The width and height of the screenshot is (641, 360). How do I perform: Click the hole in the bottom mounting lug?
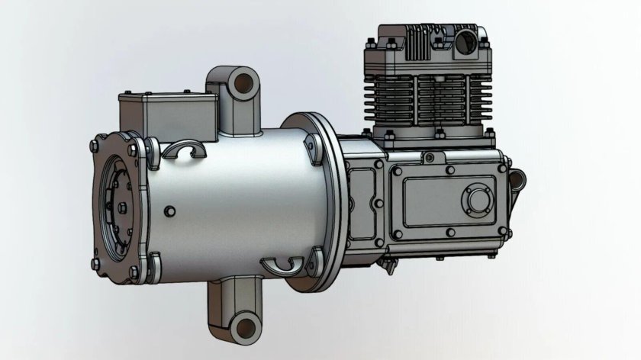click(244, 327)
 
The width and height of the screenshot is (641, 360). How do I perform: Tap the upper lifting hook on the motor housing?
click(186, 149)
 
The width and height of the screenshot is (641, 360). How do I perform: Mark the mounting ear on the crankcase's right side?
click(517, 180)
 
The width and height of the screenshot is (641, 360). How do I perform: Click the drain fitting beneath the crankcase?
click(388, 266)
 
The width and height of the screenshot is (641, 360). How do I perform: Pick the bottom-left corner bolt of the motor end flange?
click(96, 264)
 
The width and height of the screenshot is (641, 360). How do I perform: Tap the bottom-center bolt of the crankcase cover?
click(450, 233)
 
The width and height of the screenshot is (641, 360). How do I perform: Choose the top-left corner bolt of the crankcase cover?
click(395, 172)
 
